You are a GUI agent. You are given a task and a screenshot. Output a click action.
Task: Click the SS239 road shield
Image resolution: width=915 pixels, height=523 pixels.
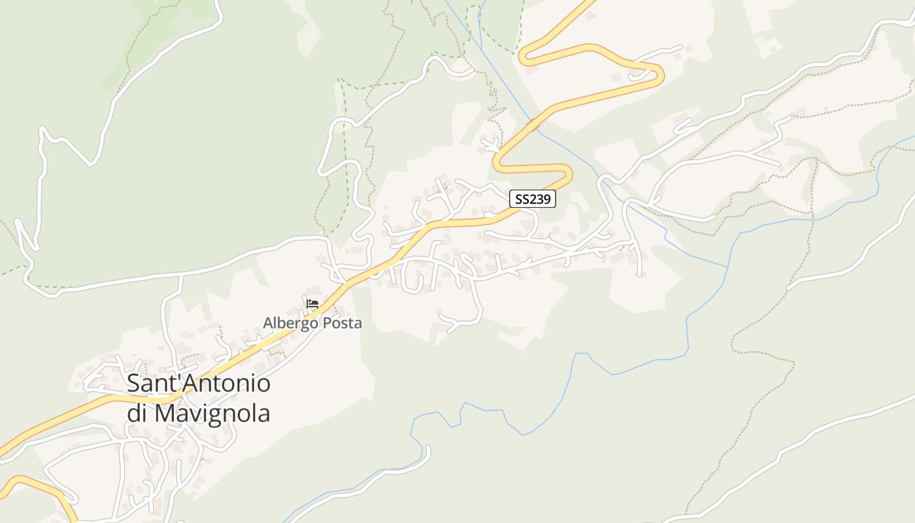533,199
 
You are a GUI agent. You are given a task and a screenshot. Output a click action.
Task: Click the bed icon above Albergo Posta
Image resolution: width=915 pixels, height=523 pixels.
312,304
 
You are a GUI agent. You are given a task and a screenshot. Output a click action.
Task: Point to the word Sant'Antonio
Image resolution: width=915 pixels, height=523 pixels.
199,383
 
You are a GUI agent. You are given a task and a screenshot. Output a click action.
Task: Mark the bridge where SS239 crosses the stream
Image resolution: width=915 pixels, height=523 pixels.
533,124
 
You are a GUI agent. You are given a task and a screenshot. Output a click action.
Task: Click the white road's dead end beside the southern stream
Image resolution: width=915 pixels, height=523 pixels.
428,448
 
